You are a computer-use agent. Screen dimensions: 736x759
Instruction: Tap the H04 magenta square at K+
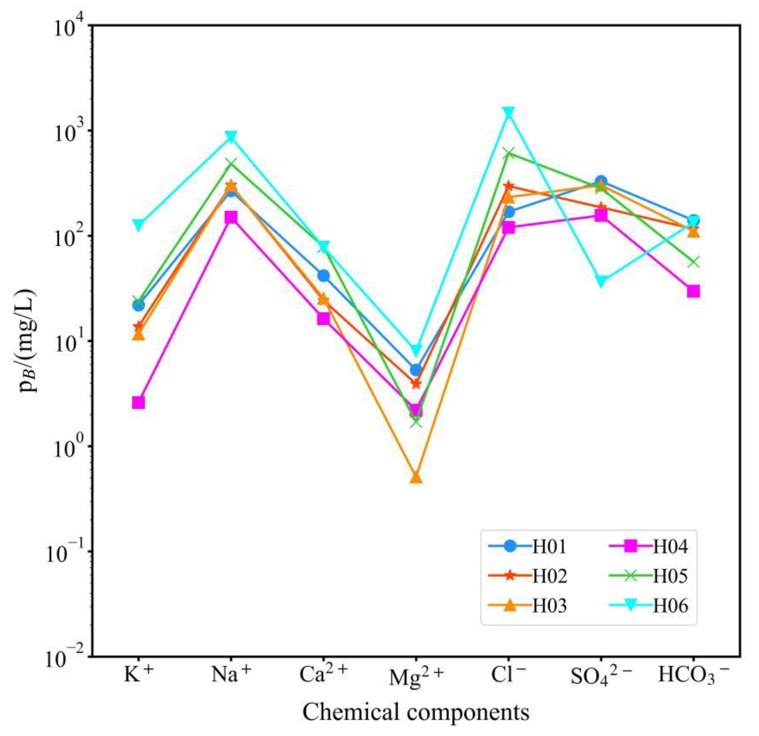[x=139, y=403]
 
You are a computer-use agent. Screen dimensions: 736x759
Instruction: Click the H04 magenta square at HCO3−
[x=693, y=291]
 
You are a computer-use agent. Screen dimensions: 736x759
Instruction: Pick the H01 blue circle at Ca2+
[x=324, y=276]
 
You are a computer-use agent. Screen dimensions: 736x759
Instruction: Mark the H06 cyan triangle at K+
[x=139, y=224]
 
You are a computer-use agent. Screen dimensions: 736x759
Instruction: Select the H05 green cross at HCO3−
[x=693, y=262]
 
